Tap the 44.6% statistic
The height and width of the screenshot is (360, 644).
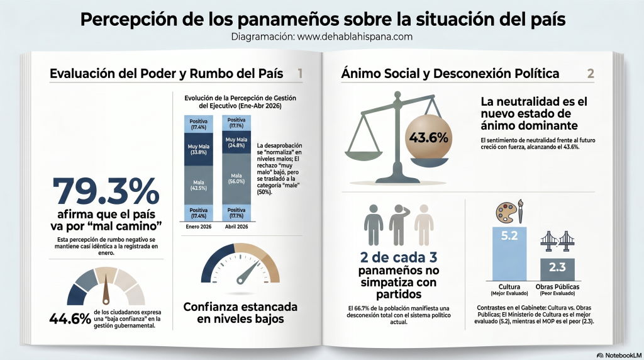69,318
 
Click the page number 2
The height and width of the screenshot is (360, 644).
590,74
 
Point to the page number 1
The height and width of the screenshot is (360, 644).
300,74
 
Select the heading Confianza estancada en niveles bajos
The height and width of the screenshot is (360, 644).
240,313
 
